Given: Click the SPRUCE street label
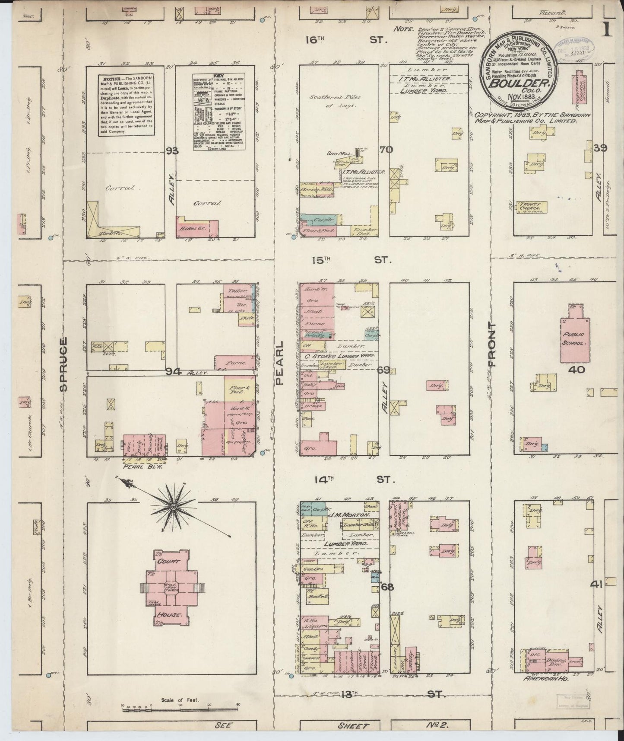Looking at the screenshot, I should click(64, 364).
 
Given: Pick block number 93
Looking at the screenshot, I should click(173, 150).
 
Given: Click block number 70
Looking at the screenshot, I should click(386, 150).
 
